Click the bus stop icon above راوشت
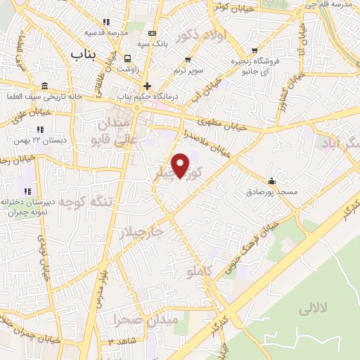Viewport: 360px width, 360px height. tap(128, 59)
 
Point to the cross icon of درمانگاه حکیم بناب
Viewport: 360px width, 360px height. tap(147, 86)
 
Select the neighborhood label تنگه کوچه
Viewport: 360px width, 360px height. tap(85, 203)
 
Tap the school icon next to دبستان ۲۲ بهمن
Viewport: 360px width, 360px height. tap(40, 129)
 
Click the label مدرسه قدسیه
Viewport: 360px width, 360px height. tap(105, 33)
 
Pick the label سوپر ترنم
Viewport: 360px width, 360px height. tap(188, 71)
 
